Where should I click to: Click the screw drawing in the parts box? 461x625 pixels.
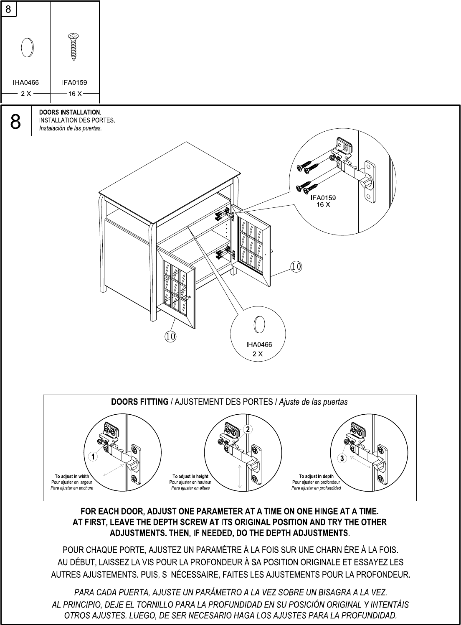pyautogui.click(x=73, y=47)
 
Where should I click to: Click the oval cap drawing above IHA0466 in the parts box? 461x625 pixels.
pyautogui.click(x=27, y=47)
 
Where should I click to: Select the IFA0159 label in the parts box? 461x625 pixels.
pyautogui.click(x=74, y=82)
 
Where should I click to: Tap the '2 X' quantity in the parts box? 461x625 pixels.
pyautogui.click(x=26, y=94)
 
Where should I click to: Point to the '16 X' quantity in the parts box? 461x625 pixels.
pyautogui.click(x=75, y=94)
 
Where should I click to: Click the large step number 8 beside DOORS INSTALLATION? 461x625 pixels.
pyautogui.click(x=15, y=121)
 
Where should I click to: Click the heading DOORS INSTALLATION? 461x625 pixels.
pyautogui.click(x=70, y=112)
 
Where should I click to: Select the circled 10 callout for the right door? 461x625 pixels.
pyautogui.click(x=296, y=266)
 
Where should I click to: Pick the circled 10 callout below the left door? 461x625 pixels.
pyautogui.click(x=170, y=335)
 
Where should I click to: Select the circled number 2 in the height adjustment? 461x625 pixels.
pyautogui.click(x=247, y=429)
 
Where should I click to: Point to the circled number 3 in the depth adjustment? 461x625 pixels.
pyautogui.click(x=342, y=459)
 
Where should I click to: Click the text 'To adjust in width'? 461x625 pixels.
pyautogui.click(x=72, y=476)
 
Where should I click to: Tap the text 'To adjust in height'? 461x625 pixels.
pyautogui.click(x=190, y=476)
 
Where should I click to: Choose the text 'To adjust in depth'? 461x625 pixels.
pyautogui.click(x=316, y=476)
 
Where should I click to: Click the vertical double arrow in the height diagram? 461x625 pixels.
pyautogui.click(x=239, y=477)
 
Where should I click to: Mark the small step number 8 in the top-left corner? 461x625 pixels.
pyautogui.click(x=8, y=8)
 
